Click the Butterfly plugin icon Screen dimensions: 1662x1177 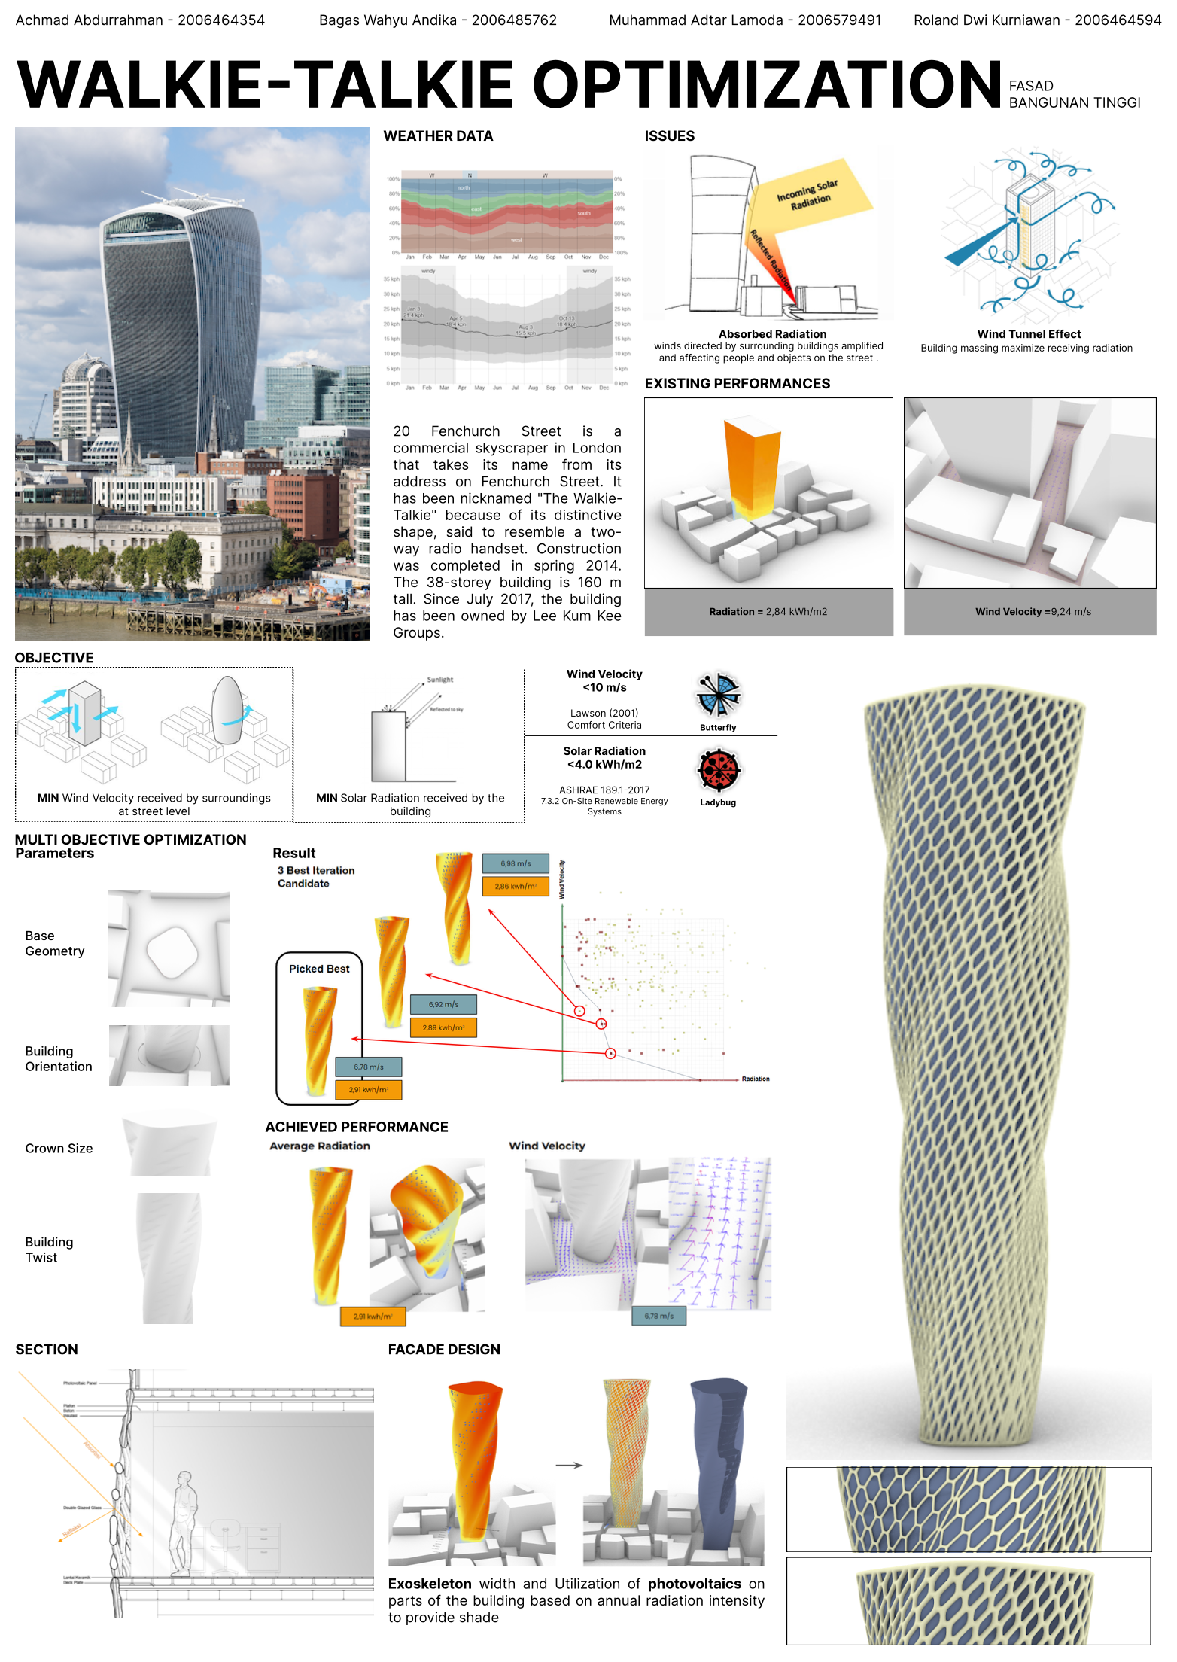click(718, 694)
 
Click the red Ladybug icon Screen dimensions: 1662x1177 click(719, 770)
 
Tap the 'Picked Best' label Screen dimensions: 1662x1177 click(319, 969)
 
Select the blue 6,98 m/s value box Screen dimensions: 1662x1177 click(516, 863)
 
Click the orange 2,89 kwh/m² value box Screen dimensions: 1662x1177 click(443, 1027)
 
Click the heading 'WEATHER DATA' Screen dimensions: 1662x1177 click(438, 136)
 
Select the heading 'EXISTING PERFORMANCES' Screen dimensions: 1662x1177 click(737, 384)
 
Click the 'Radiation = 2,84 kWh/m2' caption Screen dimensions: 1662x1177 click(768, 612)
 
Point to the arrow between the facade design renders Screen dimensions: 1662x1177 click(569, 1465)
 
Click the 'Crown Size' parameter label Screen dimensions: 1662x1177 click(59, 1149)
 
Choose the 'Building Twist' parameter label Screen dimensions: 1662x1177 click(49, 1250)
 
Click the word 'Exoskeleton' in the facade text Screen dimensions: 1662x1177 click(430, 1584)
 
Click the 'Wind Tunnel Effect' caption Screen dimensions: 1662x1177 click(1029, 334)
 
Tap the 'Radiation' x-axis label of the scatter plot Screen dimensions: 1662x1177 click(755, 1079)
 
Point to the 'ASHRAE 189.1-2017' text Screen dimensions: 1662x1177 click(604, 790)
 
